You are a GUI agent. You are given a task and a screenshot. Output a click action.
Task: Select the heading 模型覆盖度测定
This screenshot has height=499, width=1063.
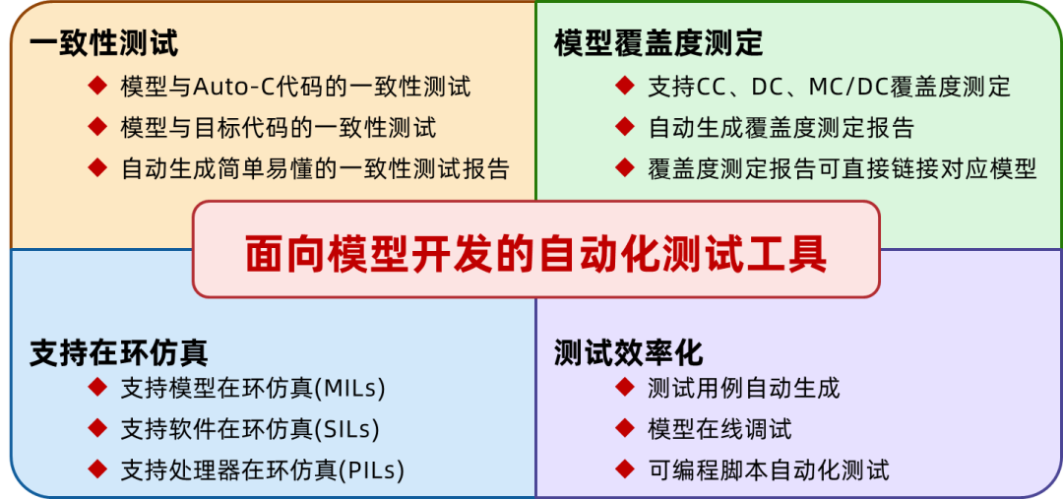pos(658,43)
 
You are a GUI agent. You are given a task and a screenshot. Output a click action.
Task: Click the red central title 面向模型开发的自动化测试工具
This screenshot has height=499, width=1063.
pos(536,252)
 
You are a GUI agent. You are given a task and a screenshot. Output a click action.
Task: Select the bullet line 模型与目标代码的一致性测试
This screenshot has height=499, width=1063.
pos(279,128)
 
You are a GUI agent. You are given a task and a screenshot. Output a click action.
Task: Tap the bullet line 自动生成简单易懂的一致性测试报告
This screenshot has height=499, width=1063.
pos(315,168)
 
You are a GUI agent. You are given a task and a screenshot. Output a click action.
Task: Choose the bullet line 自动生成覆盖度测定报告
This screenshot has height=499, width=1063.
pos(782,128)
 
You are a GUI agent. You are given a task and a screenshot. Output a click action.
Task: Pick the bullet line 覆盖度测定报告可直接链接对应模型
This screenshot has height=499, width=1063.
pos(843,168)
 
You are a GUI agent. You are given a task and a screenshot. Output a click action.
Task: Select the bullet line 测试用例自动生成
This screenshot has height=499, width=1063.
pos(744,388)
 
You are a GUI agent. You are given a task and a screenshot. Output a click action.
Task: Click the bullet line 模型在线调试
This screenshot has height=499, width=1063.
pos(719,429)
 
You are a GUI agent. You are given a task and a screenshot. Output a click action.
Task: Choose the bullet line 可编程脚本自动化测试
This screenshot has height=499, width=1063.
pos(769,470)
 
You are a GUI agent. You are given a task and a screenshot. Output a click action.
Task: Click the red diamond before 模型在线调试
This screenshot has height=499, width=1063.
pos(624,428)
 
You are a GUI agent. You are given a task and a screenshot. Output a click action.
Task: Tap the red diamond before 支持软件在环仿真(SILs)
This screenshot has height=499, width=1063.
pos(96,428)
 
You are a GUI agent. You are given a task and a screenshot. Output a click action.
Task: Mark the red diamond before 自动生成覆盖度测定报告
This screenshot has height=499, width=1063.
pos(624,127)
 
